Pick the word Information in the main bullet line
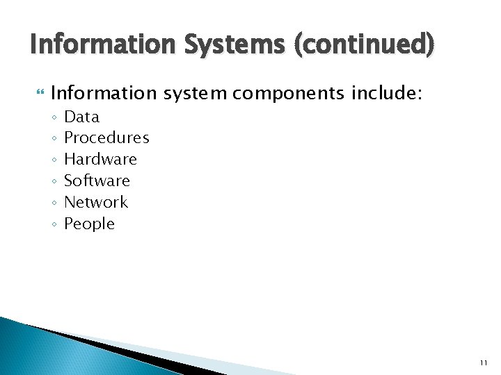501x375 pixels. pos(104,93)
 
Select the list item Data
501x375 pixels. pos(81,117)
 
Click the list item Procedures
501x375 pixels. pos(106,138)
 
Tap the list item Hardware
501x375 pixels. pos(100,160)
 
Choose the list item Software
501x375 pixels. pos(97,181)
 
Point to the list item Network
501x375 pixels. pos(96,203)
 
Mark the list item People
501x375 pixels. pos(89,224)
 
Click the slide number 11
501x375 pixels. pos(484,363)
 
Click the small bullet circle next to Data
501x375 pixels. pos(54,117)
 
